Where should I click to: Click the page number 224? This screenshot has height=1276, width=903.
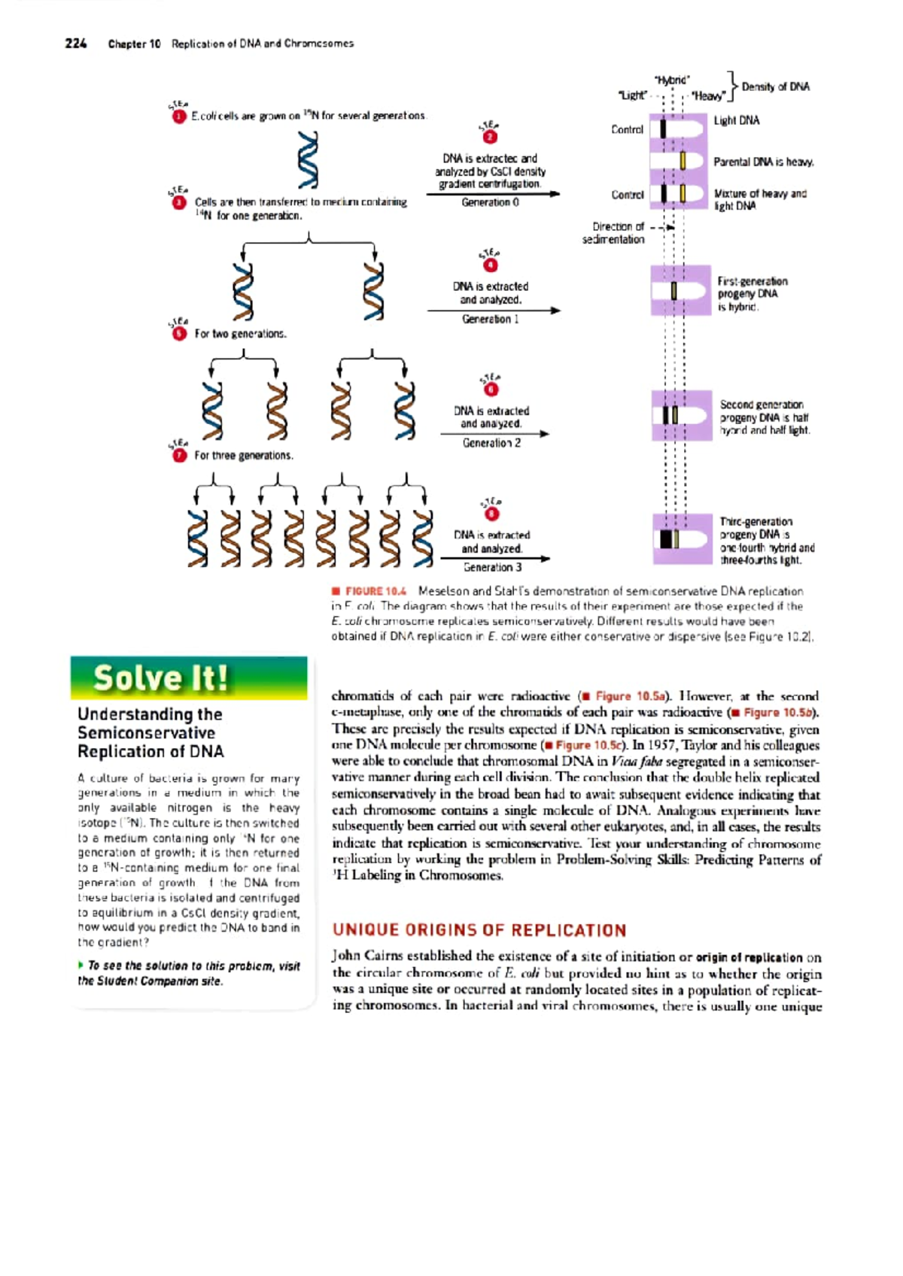[76, 44]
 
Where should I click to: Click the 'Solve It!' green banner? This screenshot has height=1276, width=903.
[189, 678]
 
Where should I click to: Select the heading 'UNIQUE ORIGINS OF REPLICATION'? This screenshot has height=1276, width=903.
[479, 930]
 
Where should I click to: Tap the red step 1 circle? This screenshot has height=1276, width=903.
[179, 117]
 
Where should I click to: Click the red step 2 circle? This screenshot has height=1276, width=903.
[491, 137]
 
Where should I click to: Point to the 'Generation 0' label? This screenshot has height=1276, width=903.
[490, 202]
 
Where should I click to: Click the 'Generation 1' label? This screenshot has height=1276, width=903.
[490, 319]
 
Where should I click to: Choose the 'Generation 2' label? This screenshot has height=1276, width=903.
[491, 443]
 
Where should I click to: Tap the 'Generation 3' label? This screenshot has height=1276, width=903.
[492, 567]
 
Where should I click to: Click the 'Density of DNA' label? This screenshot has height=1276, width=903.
[775, 86]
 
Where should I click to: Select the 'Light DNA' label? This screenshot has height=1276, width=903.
[736, 120]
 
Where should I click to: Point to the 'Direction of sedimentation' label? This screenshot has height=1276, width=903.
[614, 233]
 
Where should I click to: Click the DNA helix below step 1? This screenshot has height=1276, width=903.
[308, 159]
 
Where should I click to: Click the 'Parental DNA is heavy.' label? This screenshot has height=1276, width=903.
[763, 162]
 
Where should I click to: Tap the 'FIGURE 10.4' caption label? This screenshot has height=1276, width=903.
[375, 592]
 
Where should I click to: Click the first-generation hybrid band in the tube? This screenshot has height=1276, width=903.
[674, 290]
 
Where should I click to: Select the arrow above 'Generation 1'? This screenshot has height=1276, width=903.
[493, 310]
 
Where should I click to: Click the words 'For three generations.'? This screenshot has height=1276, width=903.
[243, 456]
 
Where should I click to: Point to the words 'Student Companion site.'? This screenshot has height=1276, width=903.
[150, 981]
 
